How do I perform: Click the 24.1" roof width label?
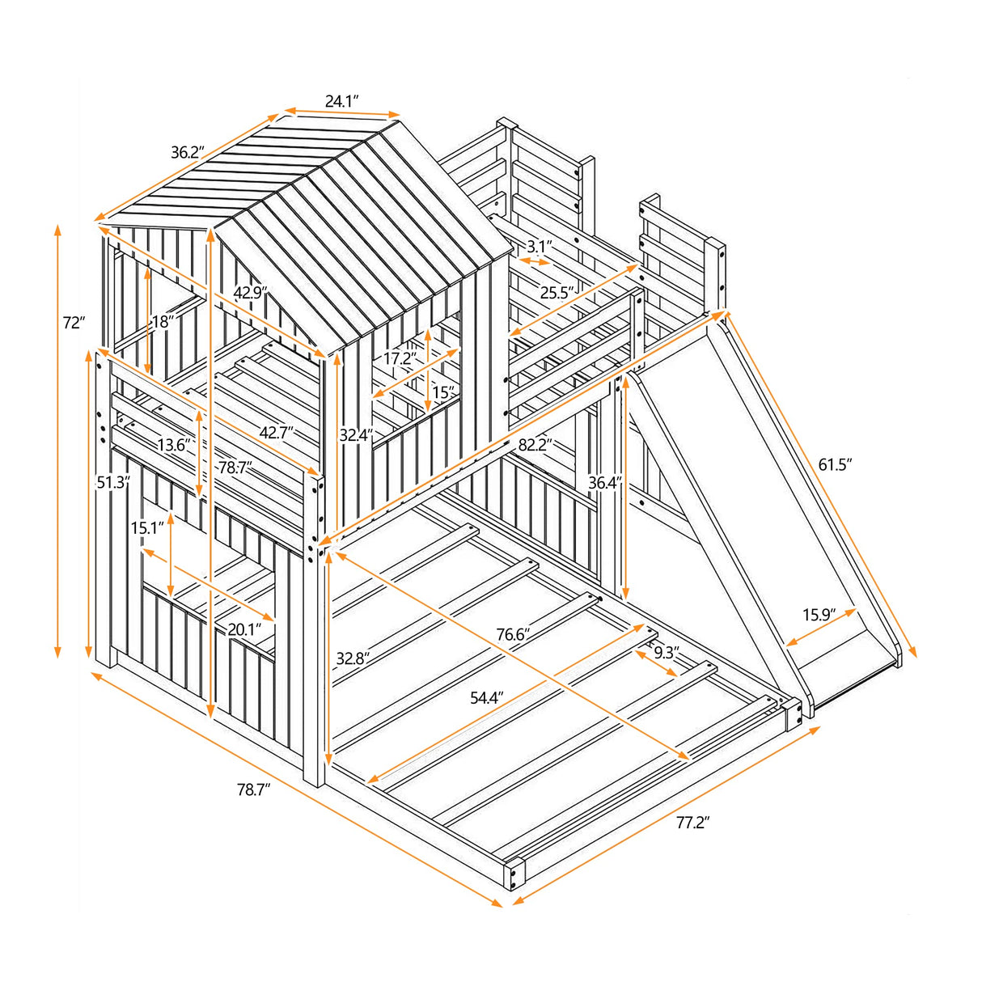342,101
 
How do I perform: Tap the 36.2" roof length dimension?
187,152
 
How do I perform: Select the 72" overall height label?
74,323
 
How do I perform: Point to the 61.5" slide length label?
836,463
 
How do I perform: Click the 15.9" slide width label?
819,616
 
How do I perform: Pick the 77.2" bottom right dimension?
692,823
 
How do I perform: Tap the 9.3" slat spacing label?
666,652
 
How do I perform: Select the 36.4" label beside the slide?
605,483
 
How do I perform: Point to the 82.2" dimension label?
535,444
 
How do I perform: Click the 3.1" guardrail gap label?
540,245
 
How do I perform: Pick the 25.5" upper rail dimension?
557,293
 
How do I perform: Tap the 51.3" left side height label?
113,483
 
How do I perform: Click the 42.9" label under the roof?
251,293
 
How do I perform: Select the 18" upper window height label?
163,322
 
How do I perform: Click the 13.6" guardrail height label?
174,445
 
